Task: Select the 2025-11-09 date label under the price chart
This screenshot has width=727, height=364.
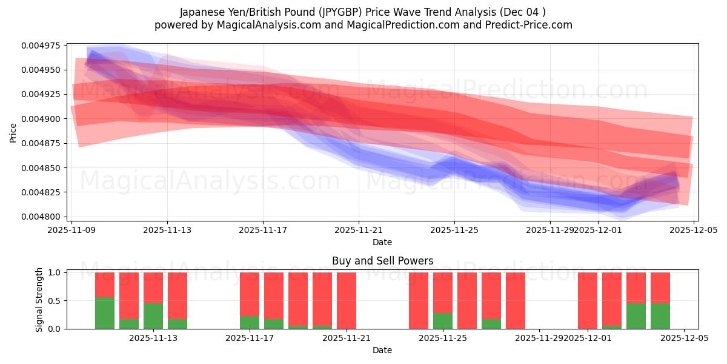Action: pos(72,230)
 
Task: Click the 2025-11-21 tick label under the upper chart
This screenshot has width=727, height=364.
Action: pos(359,230)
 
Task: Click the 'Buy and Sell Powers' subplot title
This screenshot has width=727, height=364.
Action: pos(382,261)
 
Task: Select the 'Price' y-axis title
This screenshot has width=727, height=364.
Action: pos(13,132)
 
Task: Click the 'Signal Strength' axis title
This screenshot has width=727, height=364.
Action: pos(39,300)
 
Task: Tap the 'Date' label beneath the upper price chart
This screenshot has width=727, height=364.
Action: pos(382,242)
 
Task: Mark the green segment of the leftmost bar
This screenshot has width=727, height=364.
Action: pos(105,313)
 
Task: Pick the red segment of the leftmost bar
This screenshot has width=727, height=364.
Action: pos(105,285)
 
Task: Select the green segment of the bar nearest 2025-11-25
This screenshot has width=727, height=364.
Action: pos(443,321)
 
